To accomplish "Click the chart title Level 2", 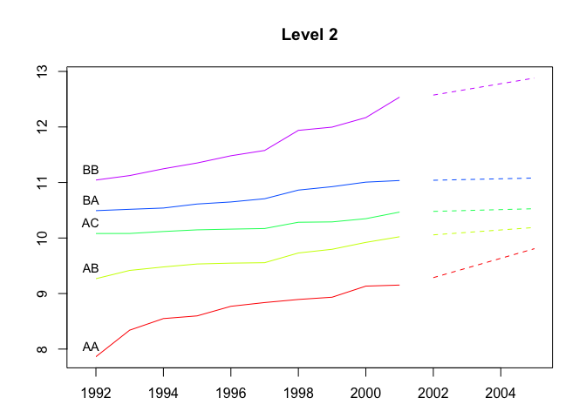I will coord(310,36).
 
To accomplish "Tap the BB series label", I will coord(91,171).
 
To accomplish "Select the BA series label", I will coord(91,201).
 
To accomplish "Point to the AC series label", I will coord(91,224).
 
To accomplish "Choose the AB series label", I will coord(91,269).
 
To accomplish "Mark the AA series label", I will coord(91,347).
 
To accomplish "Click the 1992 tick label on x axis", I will coord(96,394).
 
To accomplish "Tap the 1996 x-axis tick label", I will coord(231,394).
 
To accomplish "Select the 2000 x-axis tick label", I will coord(365,394).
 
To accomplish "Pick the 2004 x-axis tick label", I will coord(501,394).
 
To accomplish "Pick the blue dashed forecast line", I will coord(483,179).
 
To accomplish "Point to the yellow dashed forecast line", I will coord(483,231).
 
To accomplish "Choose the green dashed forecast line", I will coord(483,210).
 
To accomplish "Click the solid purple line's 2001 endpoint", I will coord(399,97).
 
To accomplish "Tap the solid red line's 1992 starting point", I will coord(96,356).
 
